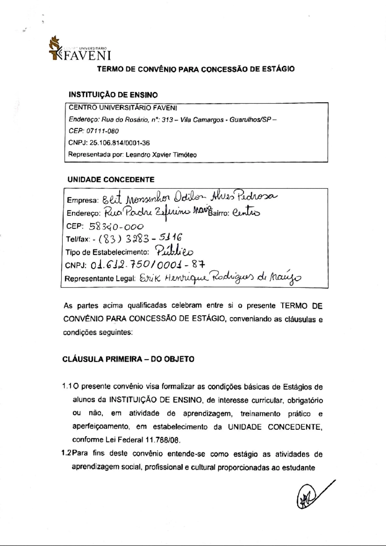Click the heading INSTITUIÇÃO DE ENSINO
point(113,95)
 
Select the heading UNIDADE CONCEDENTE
point(111,179)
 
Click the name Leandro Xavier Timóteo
point(161,155)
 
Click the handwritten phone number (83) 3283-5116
point(140,239)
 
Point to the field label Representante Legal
point(100,278)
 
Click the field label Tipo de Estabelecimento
point(107,252)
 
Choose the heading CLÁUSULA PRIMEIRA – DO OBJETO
point(128,359)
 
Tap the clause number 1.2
point(66,454)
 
